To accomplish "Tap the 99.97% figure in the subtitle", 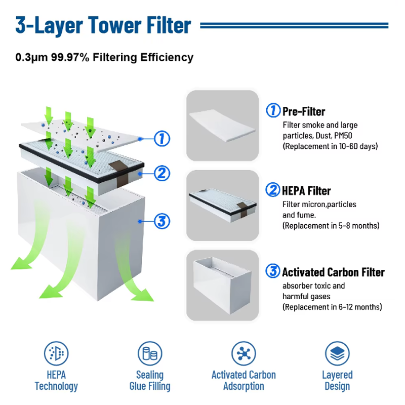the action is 70,57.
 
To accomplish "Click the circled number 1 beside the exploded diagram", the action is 162,139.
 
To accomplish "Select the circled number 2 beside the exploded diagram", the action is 162,173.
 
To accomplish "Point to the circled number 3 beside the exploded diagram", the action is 162,221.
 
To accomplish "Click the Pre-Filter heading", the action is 304,111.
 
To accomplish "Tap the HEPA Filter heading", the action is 306,191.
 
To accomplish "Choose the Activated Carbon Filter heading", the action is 333,272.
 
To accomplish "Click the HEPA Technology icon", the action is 56,353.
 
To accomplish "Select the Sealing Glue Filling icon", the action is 150,353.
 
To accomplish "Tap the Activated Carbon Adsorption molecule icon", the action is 244,353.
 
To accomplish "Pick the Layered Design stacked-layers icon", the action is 337,353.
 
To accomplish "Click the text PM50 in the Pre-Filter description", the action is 343,136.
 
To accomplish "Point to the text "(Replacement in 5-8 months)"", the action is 331,225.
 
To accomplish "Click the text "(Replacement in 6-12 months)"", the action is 332,307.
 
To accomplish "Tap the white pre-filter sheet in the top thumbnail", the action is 223,125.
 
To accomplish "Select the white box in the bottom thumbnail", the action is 222,285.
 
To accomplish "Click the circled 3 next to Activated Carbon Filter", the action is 273,271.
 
